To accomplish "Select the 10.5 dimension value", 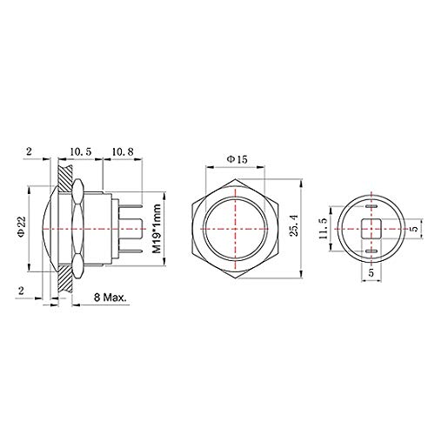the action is [80, 151].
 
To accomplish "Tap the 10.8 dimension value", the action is [123, 151].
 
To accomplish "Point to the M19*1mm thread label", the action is [157, 229].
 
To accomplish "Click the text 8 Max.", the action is [110, 297].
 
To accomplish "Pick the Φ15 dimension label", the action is [237, 159].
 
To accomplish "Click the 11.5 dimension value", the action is [323, 229].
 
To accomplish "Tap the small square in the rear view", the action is [371, 229].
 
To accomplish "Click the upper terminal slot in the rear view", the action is [371, 206].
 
